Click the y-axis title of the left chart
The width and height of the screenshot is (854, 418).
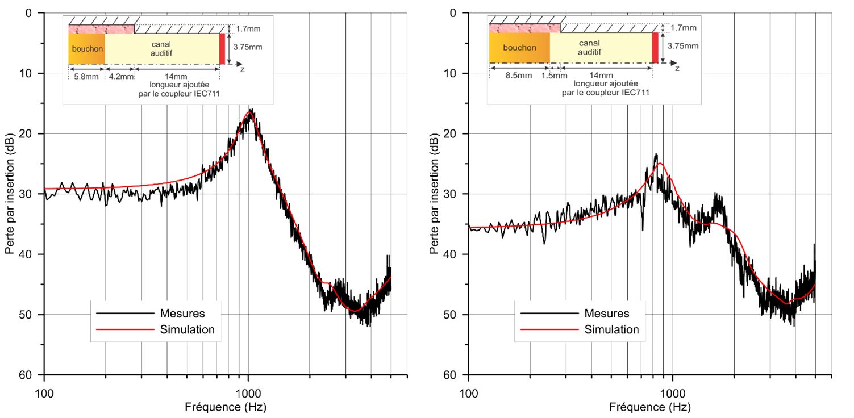(x=10, y=194)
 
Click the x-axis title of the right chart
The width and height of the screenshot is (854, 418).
(x=650, y=407)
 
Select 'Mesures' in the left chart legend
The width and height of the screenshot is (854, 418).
(x=182, y=313)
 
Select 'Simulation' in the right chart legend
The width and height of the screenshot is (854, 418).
(x=611, y=329)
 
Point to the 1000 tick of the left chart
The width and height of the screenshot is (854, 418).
(x=248, y=392)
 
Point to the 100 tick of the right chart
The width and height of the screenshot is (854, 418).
(x=469, y=392)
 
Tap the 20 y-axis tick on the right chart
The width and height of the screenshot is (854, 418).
(x=456, y=133)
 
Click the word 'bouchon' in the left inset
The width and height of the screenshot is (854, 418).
(x=88, y=49)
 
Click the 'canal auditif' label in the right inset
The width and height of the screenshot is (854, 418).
(x=589, y=48)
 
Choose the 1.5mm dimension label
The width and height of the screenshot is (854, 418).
(x=554, y=75)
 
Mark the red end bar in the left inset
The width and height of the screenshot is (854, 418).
(x=222, y=49)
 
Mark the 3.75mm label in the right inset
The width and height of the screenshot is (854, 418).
(x=683, y=47)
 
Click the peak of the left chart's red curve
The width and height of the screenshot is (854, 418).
(x=249, y=113)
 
